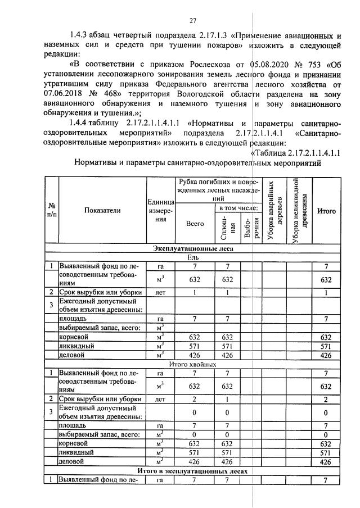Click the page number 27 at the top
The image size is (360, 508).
[x=192, y=21]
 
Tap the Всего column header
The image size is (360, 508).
[x=195, y=223]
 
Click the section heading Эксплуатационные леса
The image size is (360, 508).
[x=192, y=248]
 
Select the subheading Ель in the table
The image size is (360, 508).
[x=193, y=256]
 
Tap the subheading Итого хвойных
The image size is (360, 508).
[x=193, y=364]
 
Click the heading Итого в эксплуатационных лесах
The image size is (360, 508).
[x=192, y=471]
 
